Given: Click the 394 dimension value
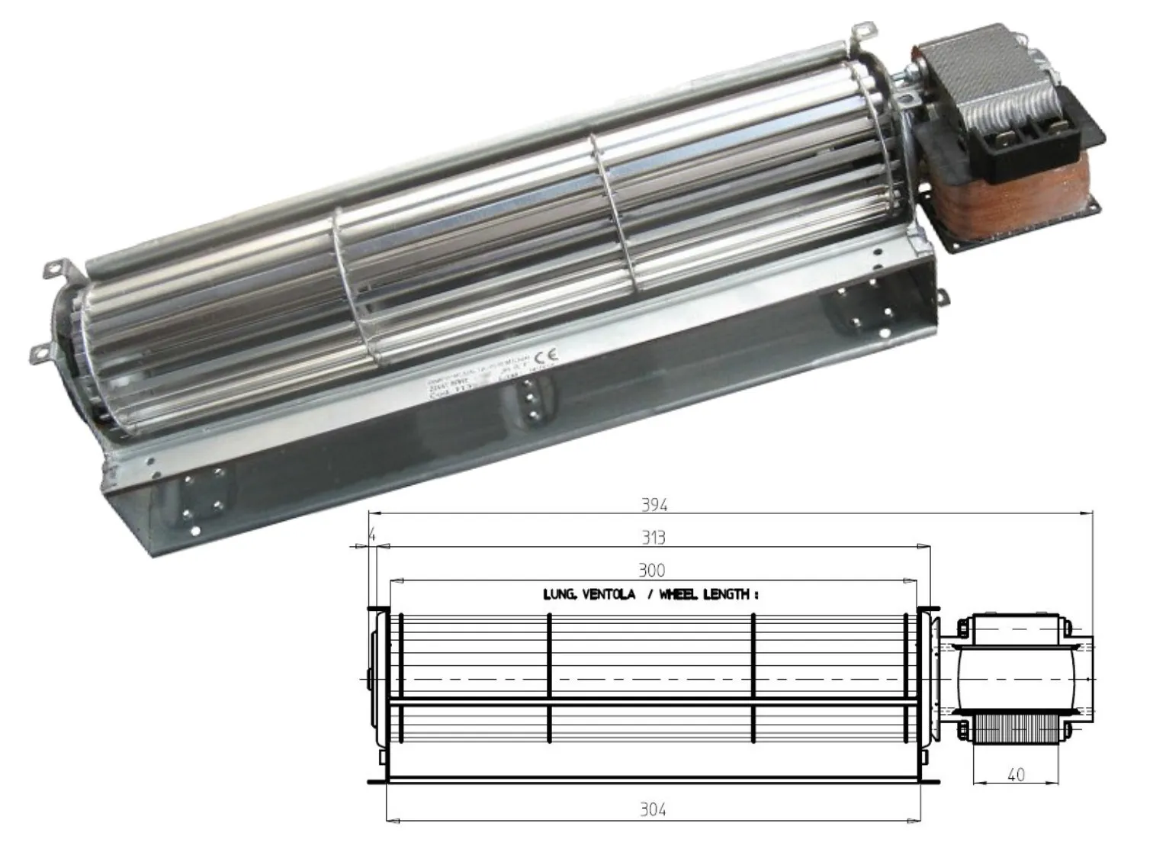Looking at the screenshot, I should (x=654, y=505).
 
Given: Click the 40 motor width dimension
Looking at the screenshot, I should (x=1016, y=775).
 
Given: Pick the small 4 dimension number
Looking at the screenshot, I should (x=372, y=536).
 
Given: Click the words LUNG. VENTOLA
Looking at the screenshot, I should (x=589, y=594).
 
